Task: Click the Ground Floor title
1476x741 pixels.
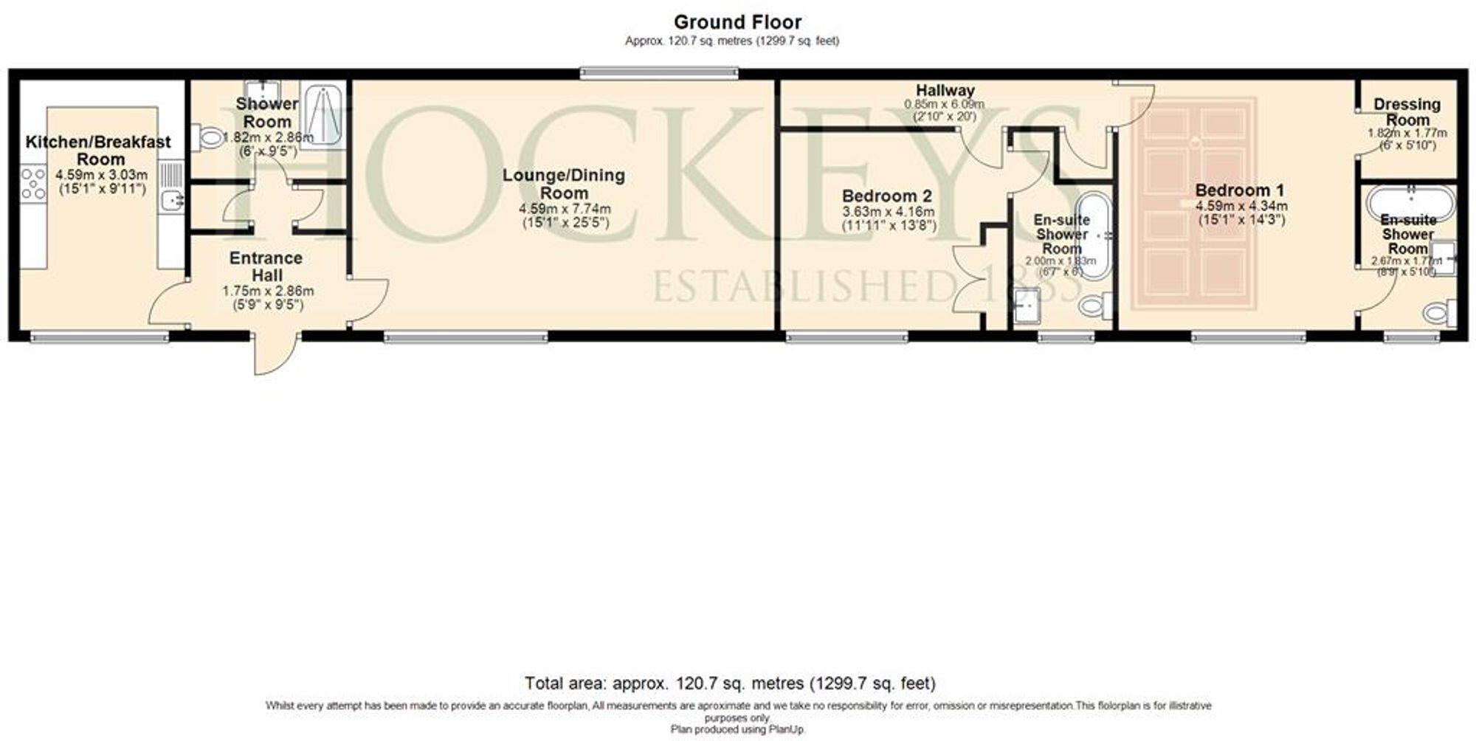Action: coord(737,22)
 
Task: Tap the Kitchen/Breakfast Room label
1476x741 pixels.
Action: coord(98,150)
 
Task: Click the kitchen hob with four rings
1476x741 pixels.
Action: coord(33,183)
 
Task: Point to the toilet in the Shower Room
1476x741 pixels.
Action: coord(210,137)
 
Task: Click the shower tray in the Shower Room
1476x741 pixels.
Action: coord(323,114)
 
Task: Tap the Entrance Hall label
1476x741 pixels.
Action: coord(266,266)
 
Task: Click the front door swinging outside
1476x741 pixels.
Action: coord(276,356)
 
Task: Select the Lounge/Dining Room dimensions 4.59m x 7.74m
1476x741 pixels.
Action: coord(565,209)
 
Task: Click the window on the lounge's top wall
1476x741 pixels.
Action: coord(658,72)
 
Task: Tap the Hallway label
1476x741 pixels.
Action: coord(945,90)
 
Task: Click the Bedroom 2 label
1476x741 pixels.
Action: coord(886,196)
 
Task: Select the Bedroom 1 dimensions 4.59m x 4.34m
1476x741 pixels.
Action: coord(1241,206)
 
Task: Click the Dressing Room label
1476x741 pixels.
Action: coord(1407,112)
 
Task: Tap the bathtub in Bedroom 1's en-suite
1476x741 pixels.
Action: coord(1410,201)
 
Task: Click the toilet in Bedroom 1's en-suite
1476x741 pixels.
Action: coord(1438,313)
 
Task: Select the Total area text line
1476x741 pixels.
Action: coord(729,683)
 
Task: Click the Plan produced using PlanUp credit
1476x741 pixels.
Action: coord(737,729)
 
